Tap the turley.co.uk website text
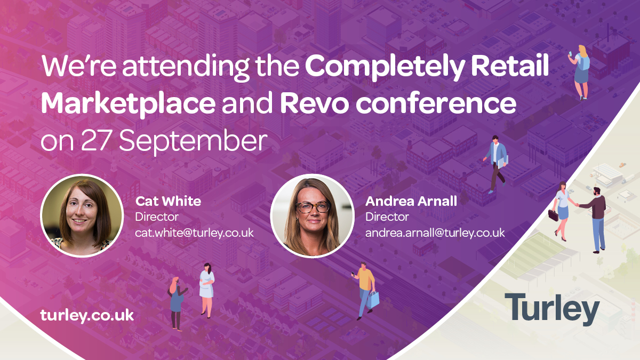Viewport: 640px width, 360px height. click(x=87, y=316)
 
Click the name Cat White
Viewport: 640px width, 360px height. click(x=168, y=201)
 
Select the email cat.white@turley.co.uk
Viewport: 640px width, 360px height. click(x=194, y=233)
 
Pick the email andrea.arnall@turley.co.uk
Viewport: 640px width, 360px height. click(x=435, y=233)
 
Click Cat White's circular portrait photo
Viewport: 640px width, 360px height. click(x=82, y=215)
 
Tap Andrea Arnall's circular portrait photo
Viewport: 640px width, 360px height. click(x=312, y=215)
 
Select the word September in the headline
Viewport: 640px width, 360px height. click(x=193, y=141)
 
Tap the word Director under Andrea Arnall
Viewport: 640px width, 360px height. click(x=387, y=217)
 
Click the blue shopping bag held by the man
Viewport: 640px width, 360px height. click(x=373, y=300)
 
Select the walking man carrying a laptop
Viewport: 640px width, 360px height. click(x=496, y=163)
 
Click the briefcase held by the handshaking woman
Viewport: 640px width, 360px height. click(x=553, y=215)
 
